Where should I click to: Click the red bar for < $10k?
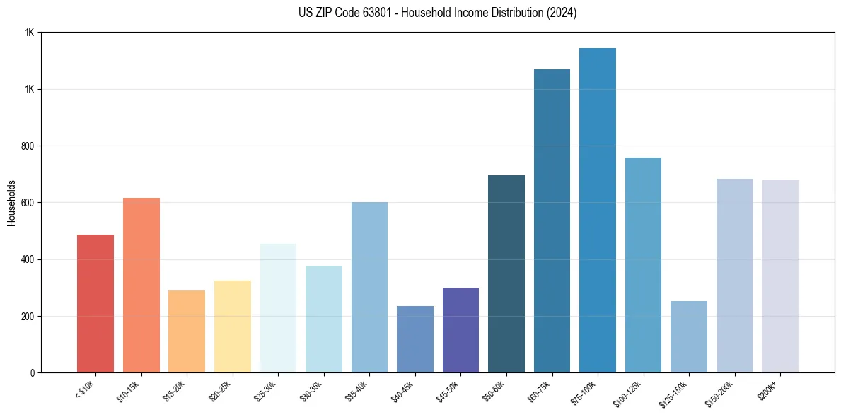(x=95, y=303)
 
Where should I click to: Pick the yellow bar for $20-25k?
(x=233, y=326)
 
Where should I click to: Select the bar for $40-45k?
(x=415, y=339)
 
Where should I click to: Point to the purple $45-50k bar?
(x=460, y=329)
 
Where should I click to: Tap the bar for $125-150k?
(x=689, y=336)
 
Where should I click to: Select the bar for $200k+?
(x=780, y=276)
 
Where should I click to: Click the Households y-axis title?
(x=11, y=202)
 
